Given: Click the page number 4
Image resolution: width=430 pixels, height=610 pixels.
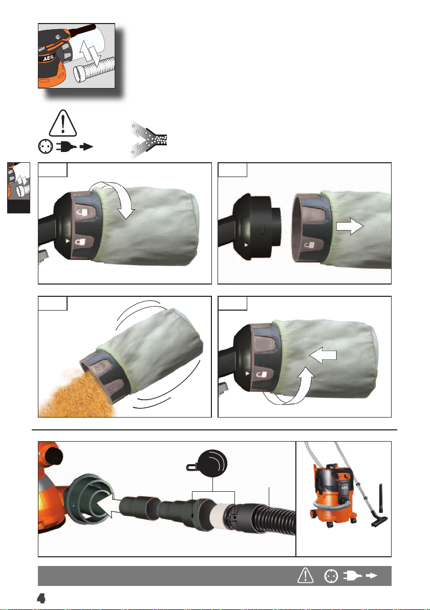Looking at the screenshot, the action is click(41, 598).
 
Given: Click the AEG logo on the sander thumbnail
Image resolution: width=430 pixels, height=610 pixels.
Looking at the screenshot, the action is click(48, 58).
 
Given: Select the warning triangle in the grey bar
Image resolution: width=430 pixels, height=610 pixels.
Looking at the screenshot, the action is click(306, 575).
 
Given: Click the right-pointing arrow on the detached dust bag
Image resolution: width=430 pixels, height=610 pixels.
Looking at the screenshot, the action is click(350, 226).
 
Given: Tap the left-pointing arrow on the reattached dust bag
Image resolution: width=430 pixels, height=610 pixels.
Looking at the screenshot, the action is click(323, 355).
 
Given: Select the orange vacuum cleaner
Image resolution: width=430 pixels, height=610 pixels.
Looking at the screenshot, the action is click(334, 493).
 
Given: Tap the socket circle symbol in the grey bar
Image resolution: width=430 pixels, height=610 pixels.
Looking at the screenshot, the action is click(331, 576).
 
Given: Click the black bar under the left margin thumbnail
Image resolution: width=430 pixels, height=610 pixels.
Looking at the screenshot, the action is click(18, 206).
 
